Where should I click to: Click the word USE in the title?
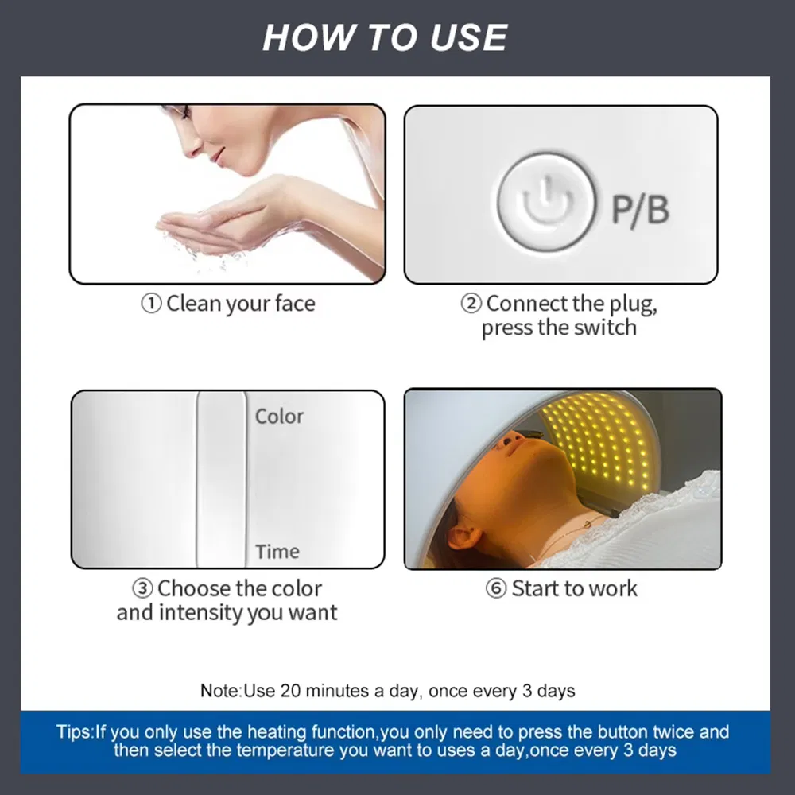(x=468, y=37)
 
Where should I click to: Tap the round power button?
(x=547, y=202)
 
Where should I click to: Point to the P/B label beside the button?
(x=640, y=209)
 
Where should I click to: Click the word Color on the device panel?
(x=279, y=417)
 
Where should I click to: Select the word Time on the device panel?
(x=277, y=551)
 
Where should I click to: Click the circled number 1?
(x=151, y=304)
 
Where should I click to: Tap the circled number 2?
(x=471, y=304)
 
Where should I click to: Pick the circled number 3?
(x=142, y=588)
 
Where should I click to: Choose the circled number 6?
(x=496, y=588)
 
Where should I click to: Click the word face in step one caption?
(x=295, y=304)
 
